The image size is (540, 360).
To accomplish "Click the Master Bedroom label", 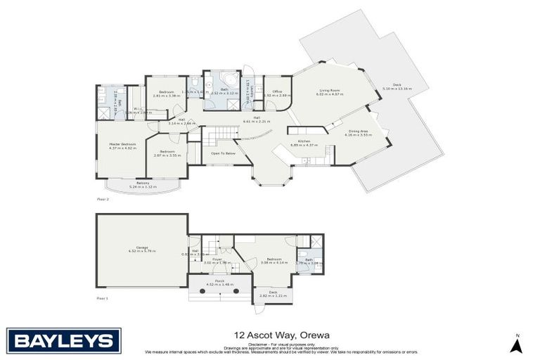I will click(x=122, y=144).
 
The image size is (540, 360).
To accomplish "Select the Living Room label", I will click(x=330, y=90).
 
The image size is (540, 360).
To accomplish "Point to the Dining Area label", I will click(x=358, y=131).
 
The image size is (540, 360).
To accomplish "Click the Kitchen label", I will click(x=304, y=141).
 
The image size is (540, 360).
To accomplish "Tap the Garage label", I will click(x=141, y=247).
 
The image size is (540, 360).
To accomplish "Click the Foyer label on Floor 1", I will click(x=217, y=259).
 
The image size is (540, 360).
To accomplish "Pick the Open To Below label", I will click(x=222, y=153).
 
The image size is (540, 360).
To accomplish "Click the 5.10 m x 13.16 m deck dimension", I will click(x=396, y=89).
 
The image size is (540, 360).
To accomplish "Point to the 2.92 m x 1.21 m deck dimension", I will click(x=273, y=296).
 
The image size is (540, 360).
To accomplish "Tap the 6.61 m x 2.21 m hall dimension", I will click(x=257, y=122).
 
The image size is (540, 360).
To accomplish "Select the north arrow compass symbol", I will click(x=516, y=345).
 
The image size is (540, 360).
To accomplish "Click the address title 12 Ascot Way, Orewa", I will click(x=271, y=335).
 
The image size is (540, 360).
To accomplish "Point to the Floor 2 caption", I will click(x=103, y=199).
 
